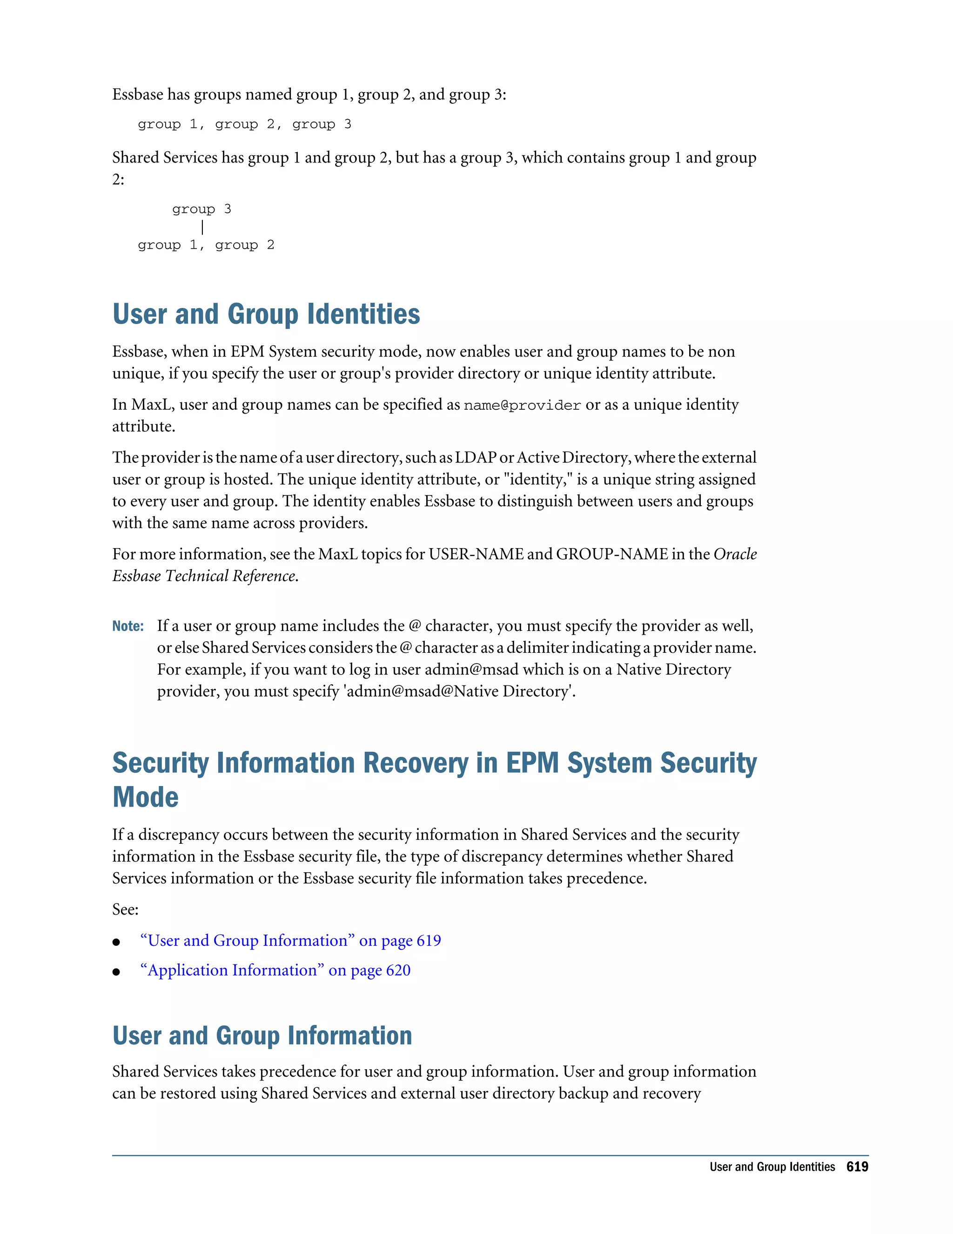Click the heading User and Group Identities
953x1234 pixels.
pos(266,314)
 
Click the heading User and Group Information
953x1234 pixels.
pos(262,1036)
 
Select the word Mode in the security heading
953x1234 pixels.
pos(145,797)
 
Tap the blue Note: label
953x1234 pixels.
pos(128,626)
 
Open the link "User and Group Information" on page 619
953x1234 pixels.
pos(290,940)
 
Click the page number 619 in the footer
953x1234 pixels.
pos(857,1167)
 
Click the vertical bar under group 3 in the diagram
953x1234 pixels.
pos(202,227)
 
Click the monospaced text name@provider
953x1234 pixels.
pos(522,406)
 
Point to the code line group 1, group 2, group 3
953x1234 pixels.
pos(244,124)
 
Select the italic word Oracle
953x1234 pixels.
pos(735,554)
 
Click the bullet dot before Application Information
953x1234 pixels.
pos(116,972)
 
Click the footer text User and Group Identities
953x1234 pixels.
pos(772,1167)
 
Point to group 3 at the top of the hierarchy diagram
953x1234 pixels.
pos(201,209)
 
